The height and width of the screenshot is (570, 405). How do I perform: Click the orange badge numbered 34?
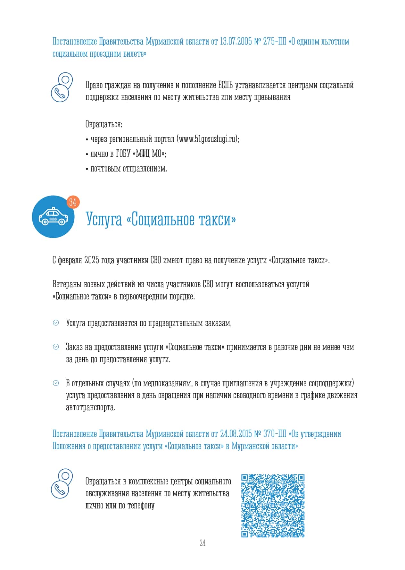click(x=73, y=202)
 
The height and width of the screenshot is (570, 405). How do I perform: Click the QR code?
click(x=273, y=506)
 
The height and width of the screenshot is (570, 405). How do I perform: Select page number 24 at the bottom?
click(x=202, y=543)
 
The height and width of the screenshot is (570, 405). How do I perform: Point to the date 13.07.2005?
click(x=236, y=42)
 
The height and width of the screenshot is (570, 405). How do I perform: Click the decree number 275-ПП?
click(x=275, y=42)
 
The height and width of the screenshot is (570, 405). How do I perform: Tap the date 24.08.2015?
click(x=236, y=434)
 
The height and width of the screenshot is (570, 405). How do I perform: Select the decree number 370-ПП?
click(x=275, y=434)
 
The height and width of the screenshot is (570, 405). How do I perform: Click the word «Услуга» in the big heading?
click(x=104, y=220)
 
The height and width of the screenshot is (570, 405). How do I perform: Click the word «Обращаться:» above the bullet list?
click(x=104, y=124)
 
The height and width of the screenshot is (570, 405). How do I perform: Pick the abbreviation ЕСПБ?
click(x=225, y=85)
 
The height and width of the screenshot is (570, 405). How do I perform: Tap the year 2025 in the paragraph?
click(x=92, y=260)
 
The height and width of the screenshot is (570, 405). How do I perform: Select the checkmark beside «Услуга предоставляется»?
click(x=56, y=323)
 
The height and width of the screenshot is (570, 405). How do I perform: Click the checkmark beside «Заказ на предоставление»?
click(x=56, y=347)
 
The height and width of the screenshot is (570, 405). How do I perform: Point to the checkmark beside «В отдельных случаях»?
click(x=56, y=383)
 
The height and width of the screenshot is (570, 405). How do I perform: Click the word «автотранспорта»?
click(x=90, y=408)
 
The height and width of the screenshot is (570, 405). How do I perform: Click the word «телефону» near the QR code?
click(x=141, y=506)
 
